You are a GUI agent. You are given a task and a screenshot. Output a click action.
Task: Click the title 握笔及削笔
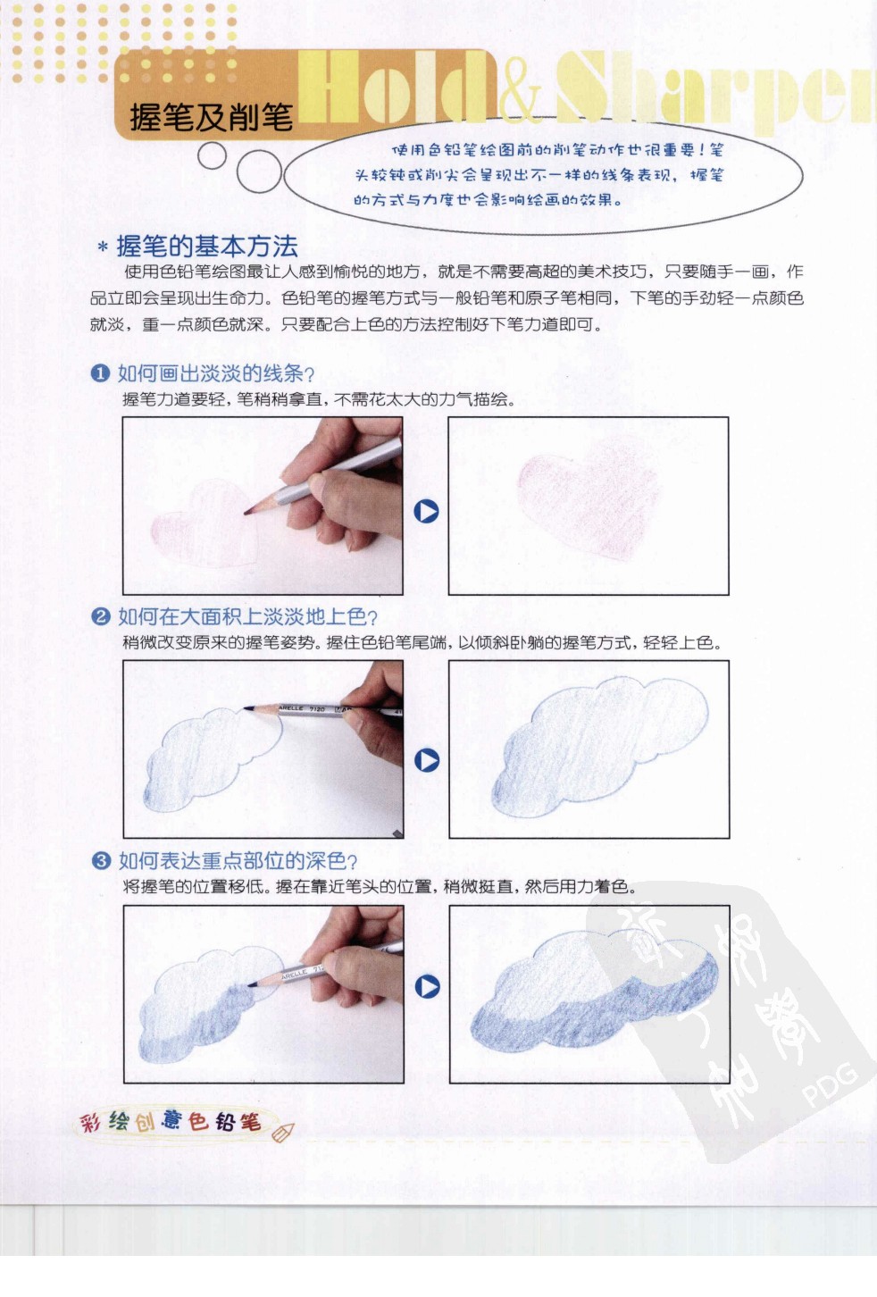[211, 117]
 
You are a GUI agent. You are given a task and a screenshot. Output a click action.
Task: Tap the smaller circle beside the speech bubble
[212, 156]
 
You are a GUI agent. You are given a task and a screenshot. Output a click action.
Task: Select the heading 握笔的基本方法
[206, 246]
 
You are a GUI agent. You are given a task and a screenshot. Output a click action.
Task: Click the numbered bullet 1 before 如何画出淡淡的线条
[100, 373]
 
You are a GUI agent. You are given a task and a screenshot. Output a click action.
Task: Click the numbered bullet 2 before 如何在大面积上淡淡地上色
[100, 616]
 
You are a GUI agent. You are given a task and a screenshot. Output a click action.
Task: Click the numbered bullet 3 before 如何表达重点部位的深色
[101, 860]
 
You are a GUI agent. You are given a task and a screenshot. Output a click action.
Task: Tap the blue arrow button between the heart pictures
[427, 512]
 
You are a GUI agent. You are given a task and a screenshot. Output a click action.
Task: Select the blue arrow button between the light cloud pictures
[427, 760]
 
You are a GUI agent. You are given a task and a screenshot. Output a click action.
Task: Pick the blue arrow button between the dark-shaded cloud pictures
[428, 987]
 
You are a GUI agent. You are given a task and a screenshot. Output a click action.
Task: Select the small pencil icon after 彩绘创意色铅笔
[281, 1133]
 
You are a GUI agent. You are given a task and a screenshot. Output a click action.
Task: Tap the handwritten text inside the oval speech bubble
[540, 175]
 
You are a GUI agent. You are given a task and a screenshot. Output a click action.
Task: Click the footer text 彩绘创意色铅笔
[171, 1121]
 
